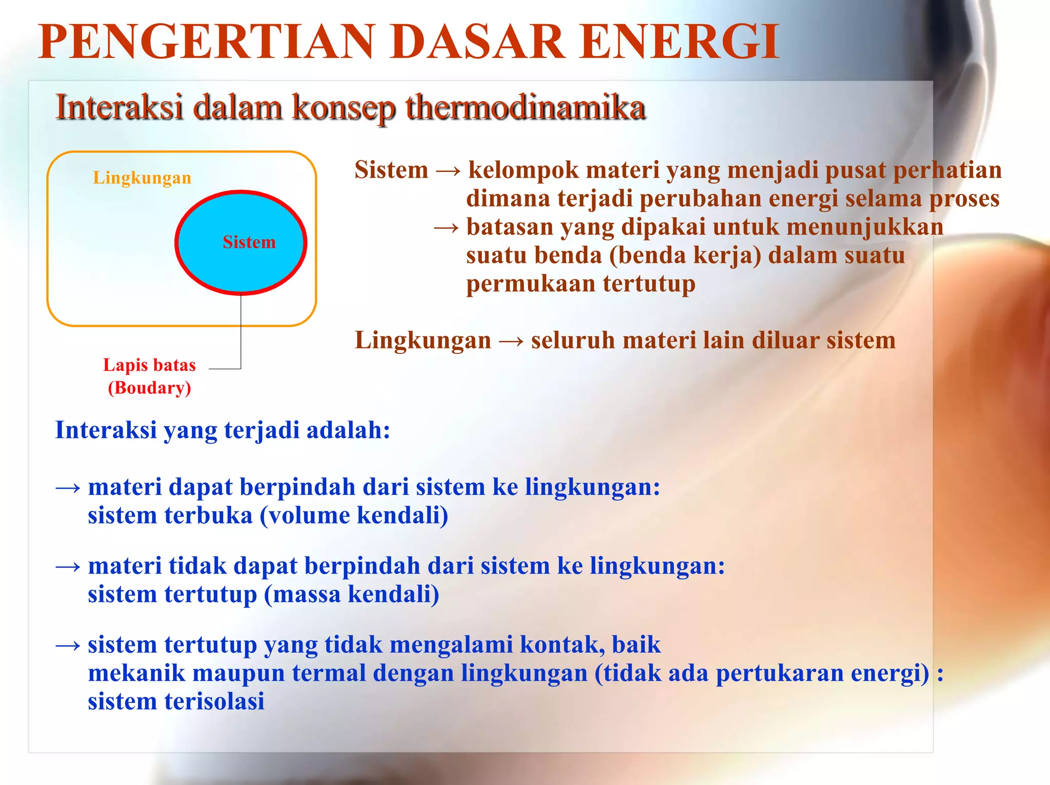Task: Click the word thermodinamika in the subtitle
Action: pos(525,108)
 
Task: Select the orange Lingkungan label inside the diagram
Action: pos(142,178)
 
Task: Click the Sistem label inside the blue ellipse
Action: pos(249,242)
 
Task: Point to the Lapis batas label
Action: pos(149,365)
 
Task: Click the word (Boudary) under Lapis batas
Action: pos(149,388)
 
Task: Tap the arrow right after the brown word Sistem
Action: pos(448,171)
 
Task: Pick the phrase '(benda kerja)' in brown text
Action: pos(685,255)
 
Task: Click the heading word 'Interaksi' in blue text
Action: pos(106,430)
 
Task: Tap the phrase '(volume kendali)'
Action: pos(354,515)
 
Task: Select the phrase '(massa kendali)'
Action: pos(352,594)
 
